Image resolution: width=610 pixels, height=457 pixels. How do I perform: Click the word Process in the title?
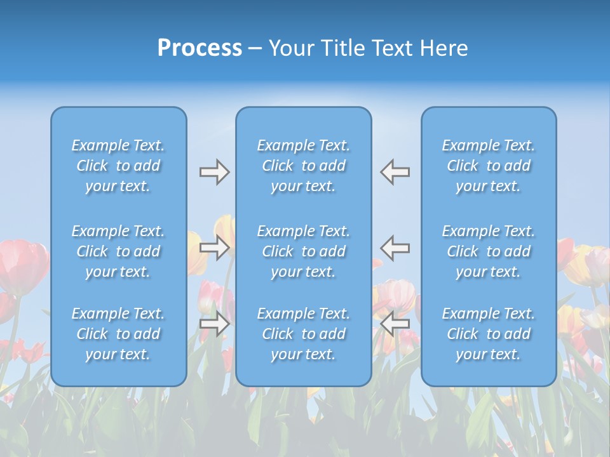click(x=200, y=48)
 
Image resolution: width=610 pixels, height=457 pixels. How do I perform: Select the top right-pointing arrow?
click(x=214, y=172)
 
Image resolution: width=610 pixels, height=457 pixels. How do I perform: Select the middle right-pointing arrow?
click(x=214, y=248)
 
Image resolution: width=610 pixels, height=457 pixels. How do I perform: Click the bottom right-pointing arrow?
click(x=214, y=324)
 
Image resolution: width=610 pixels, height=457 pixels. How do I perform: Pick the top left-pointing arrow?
click(x=395, y=172)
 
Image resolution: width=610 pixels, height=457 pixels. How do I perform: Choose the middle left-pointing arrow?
click(x=395, y=248)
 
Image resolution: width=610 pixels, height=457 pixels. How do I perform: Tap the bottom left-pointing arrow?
click(x=395, y=324)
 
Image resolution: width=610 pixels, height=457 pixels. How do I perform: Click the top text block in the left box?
click(x=118, y=166)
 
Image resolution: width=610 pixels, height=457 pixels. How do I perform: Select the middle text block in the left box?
click(x=118, y=251)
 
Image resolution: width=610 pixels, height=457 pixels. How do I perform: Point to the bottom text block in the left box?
click(x=118, y=334)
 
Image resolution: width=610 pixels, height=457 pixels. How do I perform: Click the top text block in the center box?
click(x=304, y=166)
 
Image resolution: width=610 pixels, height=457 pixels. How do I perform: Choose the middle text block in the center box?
click(x=304, y=251)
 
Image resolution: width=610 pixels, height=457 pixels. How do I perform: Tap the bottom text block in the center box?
click(x=304, y=334)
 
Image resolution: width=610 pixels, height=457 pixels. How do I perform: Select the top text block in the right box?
click(x=489, y=166)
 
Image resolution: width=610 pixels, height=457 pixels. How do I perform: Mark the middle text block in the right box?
click(x=489, y=251)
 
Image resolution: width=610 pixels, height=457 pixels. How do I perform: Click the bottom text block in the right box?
click(x=489, y=334)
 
